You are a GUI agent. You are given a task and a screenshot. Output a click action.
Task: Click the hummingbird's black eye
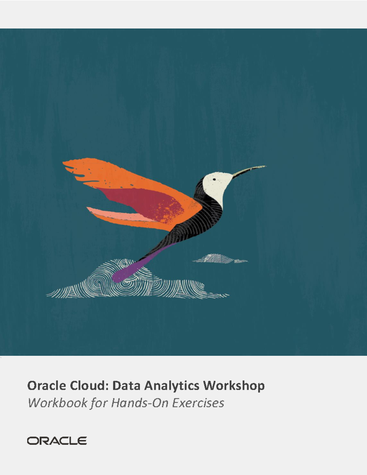click(x=214, y=180)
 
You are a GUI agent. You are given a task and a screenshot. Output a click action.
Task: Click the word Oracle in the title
click(x=46, y=385)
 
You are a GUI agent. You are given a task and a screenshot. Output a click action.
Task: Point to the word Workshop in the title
click(x=234, y=386)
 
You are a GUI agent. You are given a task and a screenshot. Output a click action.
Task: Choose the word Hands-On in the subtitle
click(x=139, y=403)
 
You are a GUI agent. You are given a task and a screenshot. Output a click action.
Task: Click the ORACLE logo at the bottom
click(x=57, y=441)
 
